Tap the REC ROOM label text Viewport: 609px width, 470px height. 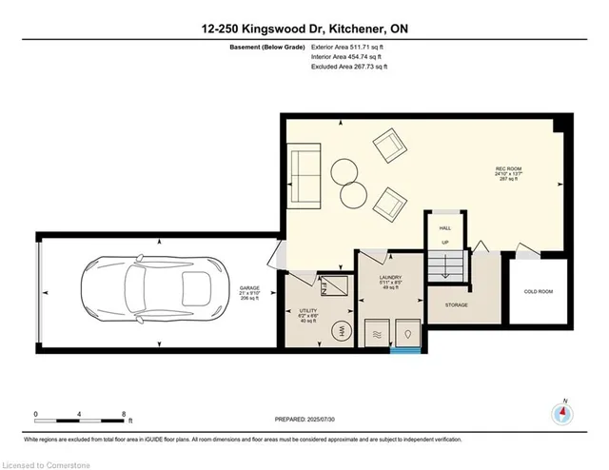507,168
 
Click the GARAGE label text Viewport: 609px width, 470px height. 249,286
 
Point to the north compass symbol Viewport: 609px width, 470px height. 564,414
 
